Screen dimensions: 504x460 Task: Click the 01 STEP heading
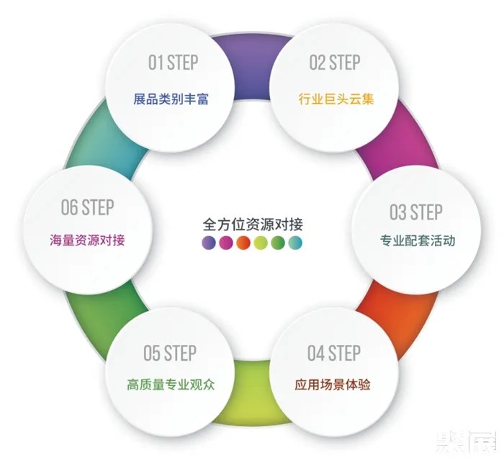173,63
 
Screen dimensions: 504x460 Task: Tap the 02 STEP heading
335,63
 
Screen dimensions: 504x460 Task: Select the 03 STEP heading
416,212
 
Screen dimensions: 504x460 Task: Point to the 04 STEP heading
334,353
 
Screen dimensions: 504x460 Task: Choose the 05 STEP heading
170,353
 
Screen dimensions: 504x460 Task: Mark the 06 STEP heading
87,207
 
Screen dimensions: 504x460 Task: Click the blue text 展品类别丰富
171,99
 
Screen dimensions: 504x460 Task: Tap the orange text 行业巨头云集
336,99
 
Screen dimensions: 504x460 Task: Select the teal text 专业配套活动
418,240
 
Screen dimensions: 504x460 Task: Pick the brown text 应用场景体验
333,384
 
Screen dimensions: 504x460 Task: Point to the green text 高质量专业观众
171,384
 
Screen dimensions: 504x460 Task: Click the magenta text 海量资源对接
87,240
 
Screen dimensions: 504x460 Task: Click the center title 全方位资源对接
253,225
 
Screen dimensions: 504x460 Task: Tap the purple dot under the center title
209,243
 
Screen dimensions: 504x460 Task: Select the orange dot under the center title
243,243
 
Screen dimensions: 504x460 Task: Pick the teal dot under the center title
295,243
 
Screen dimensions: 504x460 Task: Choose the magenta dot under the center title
226,243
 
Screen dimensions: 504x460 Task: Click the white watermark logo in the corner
466,442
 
